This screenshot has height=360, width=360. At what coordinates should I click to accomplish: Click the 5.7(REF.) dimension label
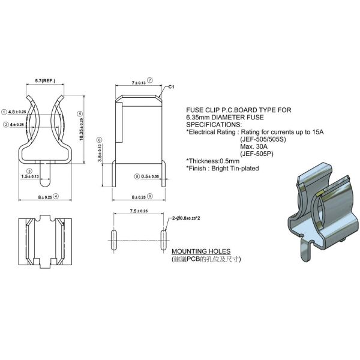coord(46,80)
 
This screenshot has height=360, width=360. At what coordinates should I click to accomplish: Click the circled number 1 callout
coord(4,112)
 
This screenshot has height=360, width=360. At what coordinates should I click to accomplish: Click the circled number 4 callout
coord(56,196)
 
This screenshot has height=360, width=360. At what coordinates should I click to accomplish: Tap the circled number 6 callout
coord(100,140)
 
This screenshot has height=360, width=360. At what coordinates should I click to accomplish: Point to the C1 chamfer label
coord(171,88)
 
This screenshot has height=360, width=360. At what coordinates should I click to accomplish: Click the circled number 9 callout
coord(150,196)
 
